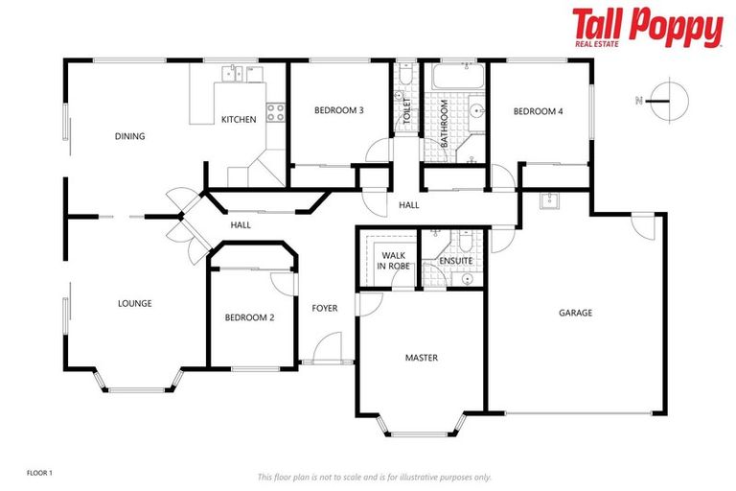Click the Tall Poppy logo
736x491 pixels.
[x=647, y=27]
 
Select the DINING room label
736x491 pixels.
[x=129, y=136]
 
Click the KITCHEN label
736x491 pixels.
[x=239, y=119]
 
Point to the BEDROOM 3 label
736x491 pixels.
[x=338, y=110]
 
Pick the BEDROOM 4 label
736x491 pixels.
[x=538, y=111]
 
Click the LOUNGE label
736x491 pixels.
[x=134, y=303]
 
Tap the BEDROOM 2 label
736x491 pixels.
[x=250, y=317]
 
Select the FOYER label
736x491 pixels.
[x=325, y=308]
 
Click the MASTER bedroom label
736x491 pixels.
[x=421, y=358]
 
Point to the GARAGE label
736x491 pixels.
[x=576, y=313]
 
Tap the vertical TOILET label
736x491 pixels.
[x=406, y=111]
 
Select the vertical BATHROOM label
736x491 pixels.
[x=444, y=125]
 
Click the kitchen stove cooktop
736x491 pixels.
[x=274, y=112]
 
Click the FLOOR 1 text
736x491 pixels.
[x=39, y=473]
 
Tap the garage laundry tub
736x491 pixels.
[x=550, y=201]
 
